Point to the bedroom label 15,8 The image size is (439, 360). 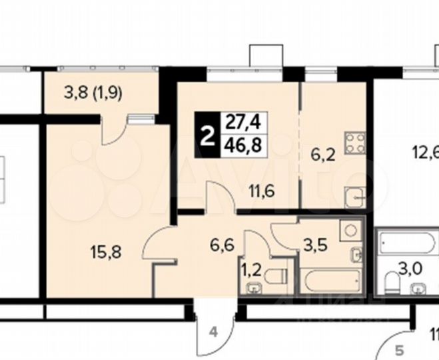click(x=107, y=251)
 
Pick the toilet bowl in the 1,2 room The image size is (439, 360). click(x=276, y=274)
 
